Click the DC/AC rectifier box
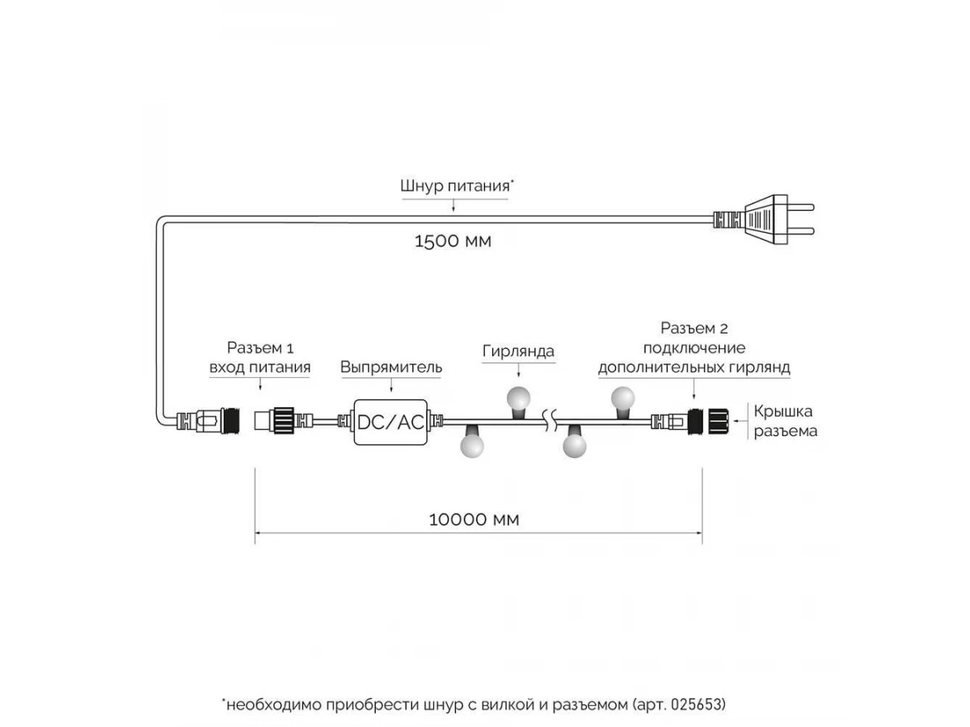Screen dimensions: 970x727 (390, 422)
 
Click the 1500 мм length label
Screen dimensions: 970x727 (453, 242)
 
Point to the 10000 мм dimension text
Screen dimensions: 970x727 (474, 519)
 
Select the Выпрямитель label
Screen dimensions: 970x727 (390, 368)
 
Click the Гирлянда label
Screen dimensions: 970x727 (518, 351)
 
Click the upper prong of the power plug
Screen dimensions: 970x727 (800, 207)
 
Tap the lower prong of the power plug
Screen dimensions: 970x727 (800, 231)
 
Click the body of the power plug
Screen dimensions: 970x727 (765, 220)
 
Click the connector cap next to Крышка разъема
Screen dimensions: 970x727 (719, 422)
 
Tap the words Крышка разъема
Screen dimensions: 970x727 (785, 421)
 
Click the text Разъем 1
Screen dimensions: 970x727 (260, 348)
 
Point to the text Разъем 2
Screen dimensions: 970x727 (694, 329)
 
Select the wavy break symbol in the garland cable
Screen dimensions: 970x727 (550, 421)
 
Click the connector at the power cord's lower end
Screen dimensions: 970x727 (208, 421)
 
